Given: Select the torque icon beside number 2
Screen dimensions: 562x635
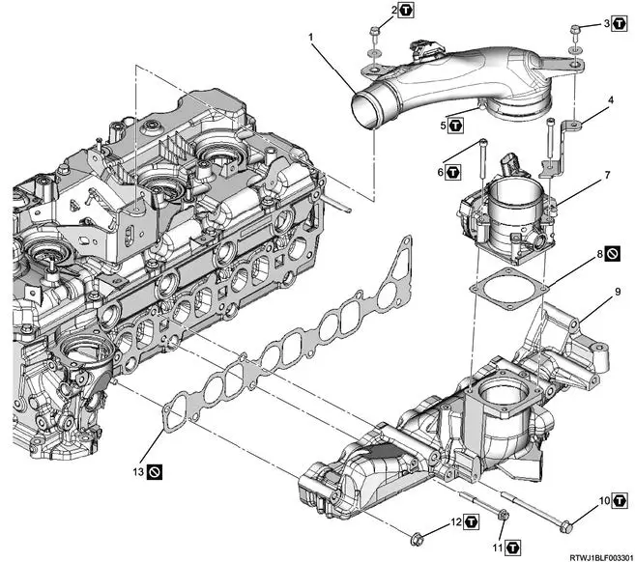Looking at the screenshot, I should click(407, 11).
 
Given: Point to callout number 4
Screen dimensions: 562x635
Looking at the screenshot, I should click(610, 99).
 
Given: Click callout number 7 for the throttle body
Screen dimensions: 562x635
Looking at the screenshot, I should click(606, 176).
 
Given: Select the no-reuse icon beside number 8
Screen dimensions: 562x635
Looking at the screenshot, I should click(615, 256).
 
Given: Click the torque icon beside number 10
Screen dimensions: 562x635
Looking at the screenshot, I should click(621, 501).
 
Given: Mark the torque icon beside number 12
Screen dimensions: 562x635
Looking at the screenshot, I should click(471, 522).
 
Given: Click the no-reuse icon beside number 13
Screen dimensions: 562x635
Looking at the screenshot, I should click(155, 472).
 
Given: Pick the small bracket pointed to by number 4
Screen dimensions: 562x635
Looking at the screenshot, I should click(573, 126).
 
